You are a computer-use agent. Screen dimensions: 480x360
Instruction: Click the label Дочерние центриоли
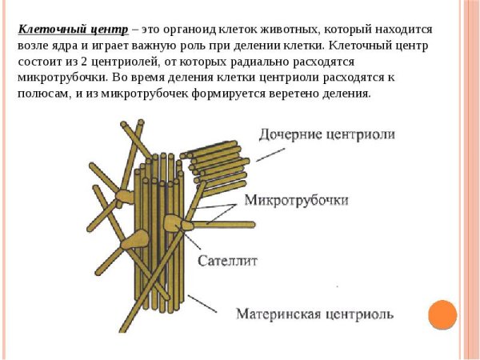(x=327, y=134)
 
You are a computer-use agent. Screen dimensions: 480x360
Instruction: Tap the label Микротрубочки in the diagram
(x=296, y=200)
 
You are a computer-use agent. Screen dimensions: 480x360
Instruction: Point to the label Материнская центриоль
(x=314, y=314)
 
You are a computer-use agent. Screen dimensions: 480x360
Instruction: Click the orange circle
(x=442, y=314)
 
